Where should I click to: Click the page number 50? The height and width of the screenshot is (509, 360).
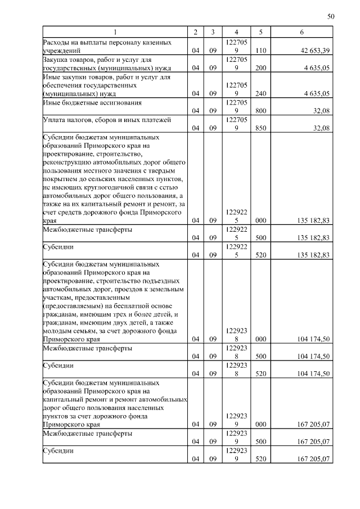pos(331,17)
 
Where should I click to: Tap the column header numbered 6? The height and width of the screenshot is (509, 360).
pos(302,32)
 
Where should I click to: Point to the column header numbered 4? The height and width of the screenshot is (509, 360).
pos(236,32)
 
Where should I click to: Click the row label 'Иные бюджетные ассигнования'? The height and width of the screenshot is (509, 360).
pos(92,103)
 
